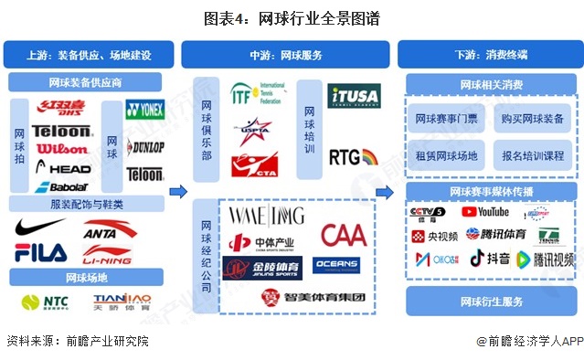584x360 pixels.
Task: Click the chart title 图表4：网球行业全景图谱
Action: point(292,18)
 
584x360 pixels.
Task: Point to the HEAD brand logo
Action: point(63,169)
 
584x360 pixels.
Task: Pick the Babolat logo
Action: point(61,187)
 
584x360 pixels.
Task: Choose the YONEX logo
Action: point(144,111)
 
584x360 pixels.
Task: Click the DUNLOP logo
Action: point(145,148)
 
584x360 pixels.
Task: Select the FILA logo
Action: point(40,252)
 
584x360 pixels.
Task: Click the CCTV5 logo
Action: point(428,214)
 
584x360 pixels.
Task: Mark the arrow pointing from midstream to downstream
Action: point(385,193)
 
